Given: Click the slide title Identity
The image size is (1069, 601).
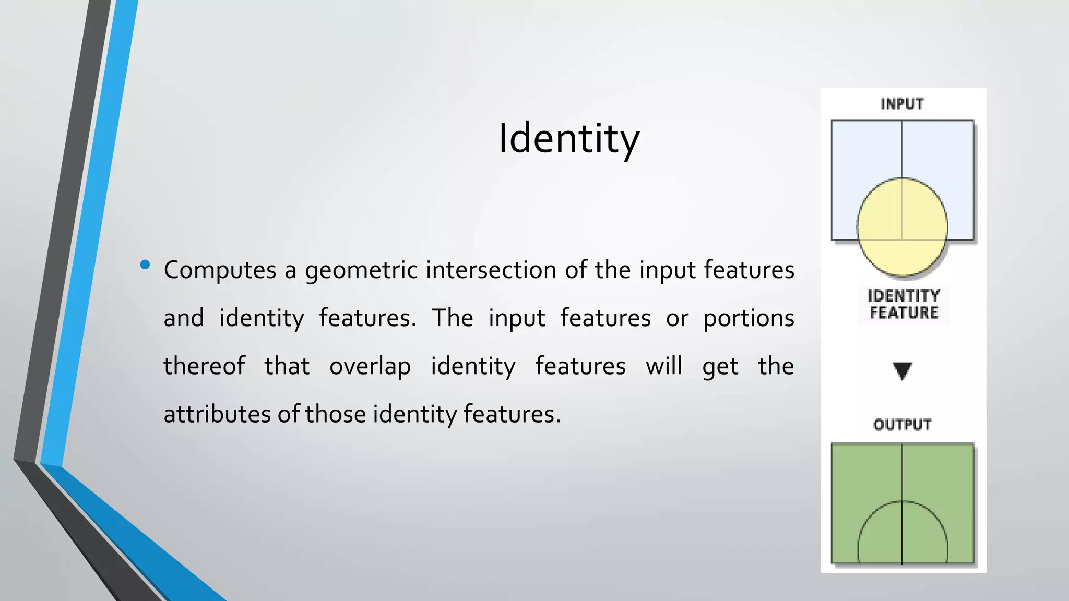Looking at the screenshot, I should pyautogui.click(x=568, y=138).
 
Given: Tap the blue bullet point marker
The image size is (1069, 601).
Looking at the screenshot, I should pyautogui.click(x=145, y=265).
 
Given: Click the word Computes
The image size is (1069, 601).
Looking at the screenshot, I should pyautogui.click(x=220, y=270).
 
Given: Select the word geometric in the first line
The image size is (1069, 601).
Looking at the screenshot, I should pyautogui.click(x=361, y=270).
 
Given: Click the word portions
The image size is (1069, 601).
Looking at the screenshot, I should pyautogui.click(x=749, y=318).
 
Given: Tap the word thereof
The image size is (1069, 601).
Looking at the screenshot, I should pyautogui.click(x=204, y=366).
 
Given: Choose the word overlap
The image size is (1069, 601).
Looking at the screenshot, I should pyautogui.click(x=370, y=366).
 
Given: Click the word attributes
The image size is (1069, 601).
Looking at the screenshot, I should pyautogui.click(x=217, y=414).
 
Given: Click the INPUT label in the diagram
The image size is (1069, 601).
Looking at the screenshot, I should pyautogui.click(x=902, y=104).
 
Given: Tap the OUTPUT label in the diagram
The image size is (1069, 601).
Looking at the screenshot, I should pyautogui.click(x=902, y=425).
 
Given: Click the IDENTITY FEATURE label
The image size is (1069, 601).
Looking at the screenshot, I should pyautogui.click(x=904, y=304).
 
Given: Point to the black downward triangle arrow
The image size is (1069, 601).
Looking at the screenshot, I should pyautogui.click(x=902, y=370).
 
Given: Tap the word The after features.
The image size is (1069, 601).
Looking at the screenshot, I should pyautogui.click(x=452, y=318).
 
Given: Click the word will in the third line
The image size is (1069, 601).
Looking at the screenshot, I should pyautogui.click(x=663, y=366).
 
